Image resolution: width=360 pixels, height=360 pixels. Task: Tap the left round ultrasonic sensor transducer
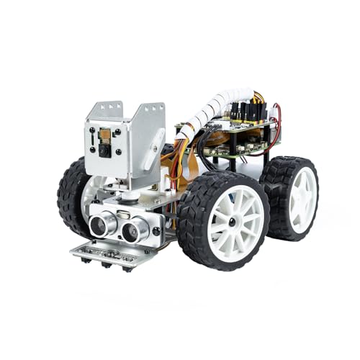(102, 224)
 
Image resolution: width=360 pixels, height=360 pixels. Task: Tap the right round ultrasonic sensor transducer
(135, 230)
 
